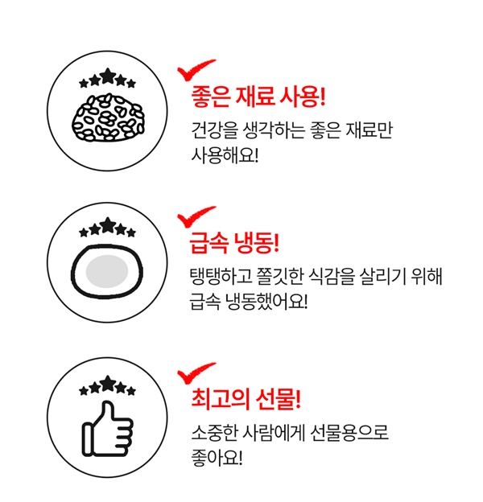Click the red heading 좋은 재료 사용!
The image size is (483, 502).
258,97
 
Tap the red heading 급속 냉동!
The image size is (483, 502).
234,243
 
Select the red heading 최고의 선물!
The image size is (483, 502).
246,399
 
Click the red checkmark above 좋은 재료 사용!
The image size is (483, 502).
196,70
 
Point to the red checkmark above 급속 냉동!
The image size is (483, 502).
196,216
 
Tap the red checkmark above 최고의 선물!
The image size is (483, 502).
196,372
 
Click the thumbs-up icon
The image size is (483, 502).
108,429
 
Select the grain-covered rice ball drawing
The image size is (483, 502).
108,117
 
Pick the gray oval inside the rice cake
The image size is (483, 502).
107,272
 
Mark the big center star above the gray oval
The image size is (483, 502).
108,225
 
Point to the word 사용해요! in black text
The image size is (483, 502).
225,156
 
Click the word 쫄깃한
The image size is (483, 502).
280,276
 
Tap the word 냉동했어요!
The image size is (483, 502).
267,301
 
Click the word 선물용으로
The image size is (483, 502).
349,432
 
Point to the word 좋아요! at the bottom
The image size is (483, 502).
217,458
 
